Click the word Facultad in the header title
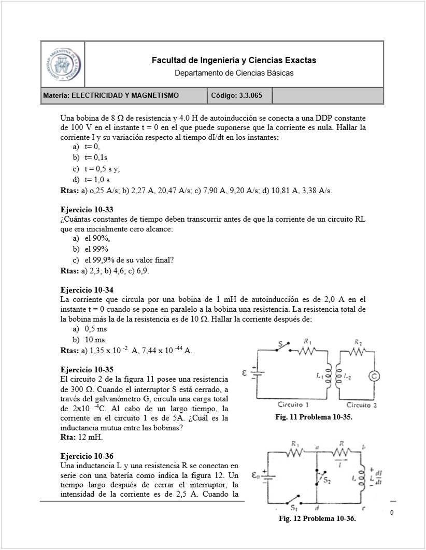click(x=168, y=61)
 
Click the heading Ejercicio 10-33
click(x=87, y=210)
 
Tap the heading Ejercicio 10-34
click(x=87, y=290)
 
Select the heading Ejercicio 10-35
click(x=87, y=369)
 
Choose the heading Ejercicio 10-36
click(x=87, y=456)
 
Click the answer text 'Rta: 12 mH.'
click(x=82, y=437)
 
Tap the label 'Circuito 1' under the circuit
click(x=293, y=404)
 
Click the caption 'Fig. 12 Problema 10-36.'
click(x=317, y=518)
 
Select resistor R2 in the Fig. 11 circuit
click(x=358, y=352)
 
